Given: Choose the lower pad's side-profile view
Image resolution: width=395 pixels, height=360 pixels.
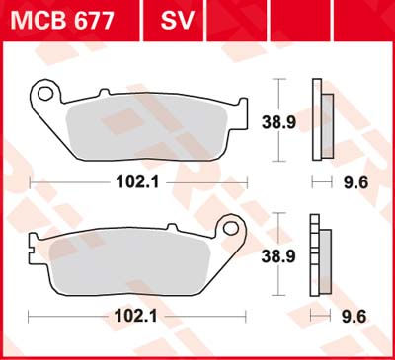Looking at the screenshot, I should tap(318, 252).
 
